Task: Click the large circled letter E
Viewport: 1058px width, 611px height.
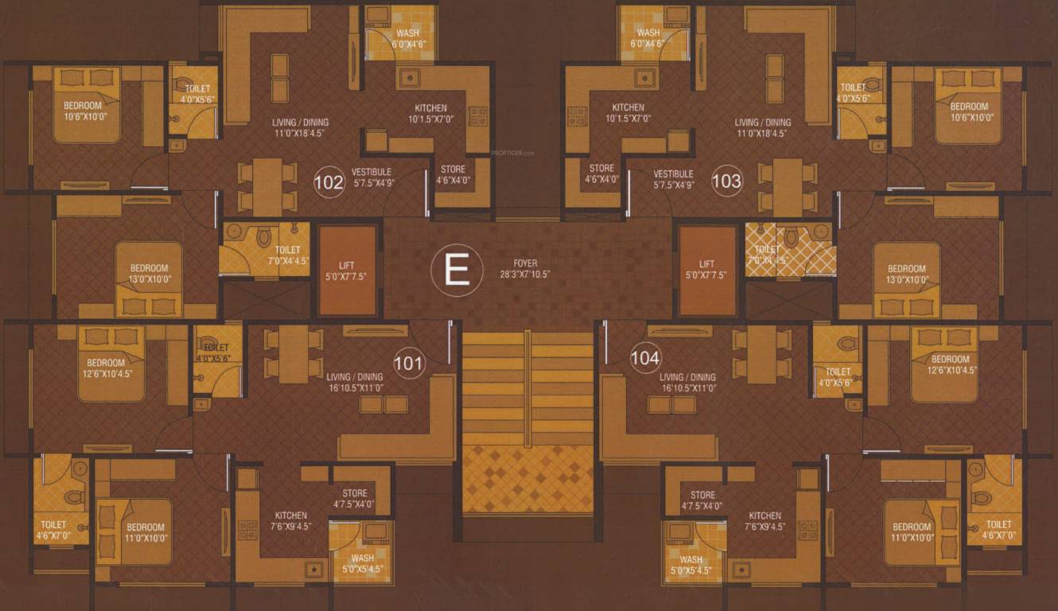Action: click(x=457, y=270)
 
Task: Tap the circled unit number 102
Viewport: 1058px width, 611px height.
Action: click(x=329, y=181)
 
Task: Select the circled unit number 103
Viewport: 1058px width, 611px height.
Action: click(x=725, y=181)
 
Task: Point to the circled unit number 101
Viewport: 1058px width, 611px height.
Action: click(x=409, y=364)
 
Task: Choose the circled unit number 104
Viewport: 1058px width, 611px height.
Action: click(x=644, y=358)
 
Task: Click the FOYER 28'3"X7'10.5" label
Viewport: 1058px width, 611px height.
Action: click(x=525, y=269)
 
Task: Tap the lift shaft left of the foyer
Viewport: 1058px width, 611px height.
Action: click(x=347, y=270)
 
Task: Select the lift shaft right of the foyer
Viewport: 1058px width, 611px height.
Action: click(x=707, y=270)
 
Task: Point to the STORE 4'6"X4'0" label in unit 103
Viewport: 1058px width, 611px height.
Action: click(x=601, y=173)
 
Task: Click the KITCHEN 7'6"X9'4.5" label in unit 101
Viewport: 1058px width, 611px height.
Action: click(x=290, y=520)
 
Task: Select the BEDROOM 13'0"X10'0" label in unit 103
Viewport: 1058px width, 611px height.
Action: click(x=907, y=274)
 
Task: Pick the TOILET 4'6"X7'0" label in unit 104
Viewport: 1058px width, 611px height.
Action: click(x=998, y=530)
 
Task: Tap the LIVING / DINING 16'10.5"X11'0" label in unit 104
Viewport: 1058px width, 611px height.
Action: click(x=687, y=383)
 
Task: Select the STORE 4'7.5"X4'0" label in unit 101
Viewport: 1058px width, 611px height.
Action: click(x=353, y=499)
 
